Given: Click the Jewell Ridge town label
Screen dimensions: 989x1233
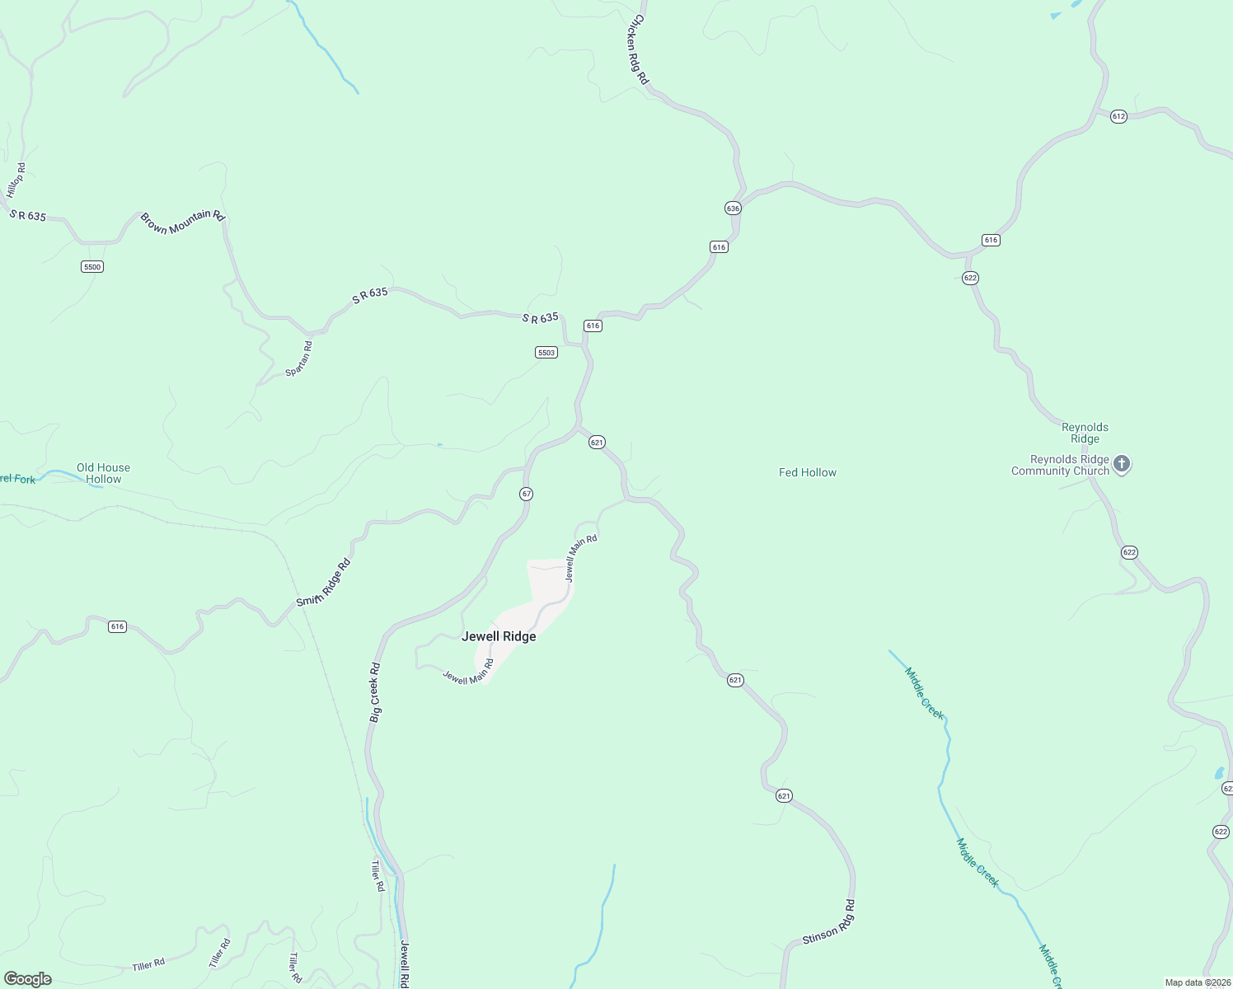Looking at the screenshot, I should coord(499,636).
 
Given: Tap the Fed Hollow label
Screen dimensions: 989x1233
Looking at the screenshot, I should coord(807,472).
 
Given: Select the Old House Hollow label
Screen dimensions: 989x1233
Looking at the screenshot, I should coord(103,473).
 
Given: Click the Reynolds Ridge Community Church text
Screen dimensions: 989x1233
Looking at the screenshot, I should coord(1061,466).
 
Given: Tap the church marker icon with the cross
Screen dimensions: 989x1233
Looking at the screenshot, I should coord(1121,463).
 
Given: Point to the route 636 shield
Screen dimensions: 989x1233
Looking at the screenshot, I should coord(733,208).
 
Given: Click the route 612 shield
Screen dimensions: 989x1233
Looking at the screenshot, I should coord(1118,116).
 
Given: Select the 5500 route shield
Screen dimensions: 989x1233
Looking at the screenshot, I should coord(91,266).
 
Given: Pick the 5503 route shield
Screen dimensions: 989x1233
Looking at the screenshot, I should coord(546,352).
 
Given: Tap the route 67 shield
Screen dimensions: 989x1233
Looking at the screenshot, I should coord(526,494).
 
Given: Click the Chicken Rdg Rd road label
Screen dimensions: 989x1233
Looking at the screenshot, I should coord(640,50).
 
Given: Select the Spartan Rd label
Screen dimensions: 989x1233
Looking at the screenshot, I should coord(299,359).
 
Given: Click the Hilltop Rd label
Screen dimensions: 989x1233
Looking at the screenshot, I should coord(16,180).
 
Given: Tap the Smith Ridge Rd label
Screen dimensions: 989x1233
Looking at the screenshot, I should coord(324,582).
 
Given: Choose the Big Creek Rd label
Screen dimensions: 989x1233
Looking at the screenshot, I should coord(375,693).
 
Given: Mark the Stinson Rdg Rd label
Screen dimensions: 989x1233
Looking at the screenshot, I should coord(829,923).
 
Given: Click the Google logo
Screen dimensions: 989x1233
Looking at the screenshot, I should coord(27,979).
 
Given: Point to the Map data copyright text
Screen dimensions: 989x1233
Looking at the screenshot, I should coord(1197,982).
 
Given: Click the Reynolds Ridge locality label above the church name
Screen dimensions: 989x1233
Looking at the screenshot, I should coord(1085,433).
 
